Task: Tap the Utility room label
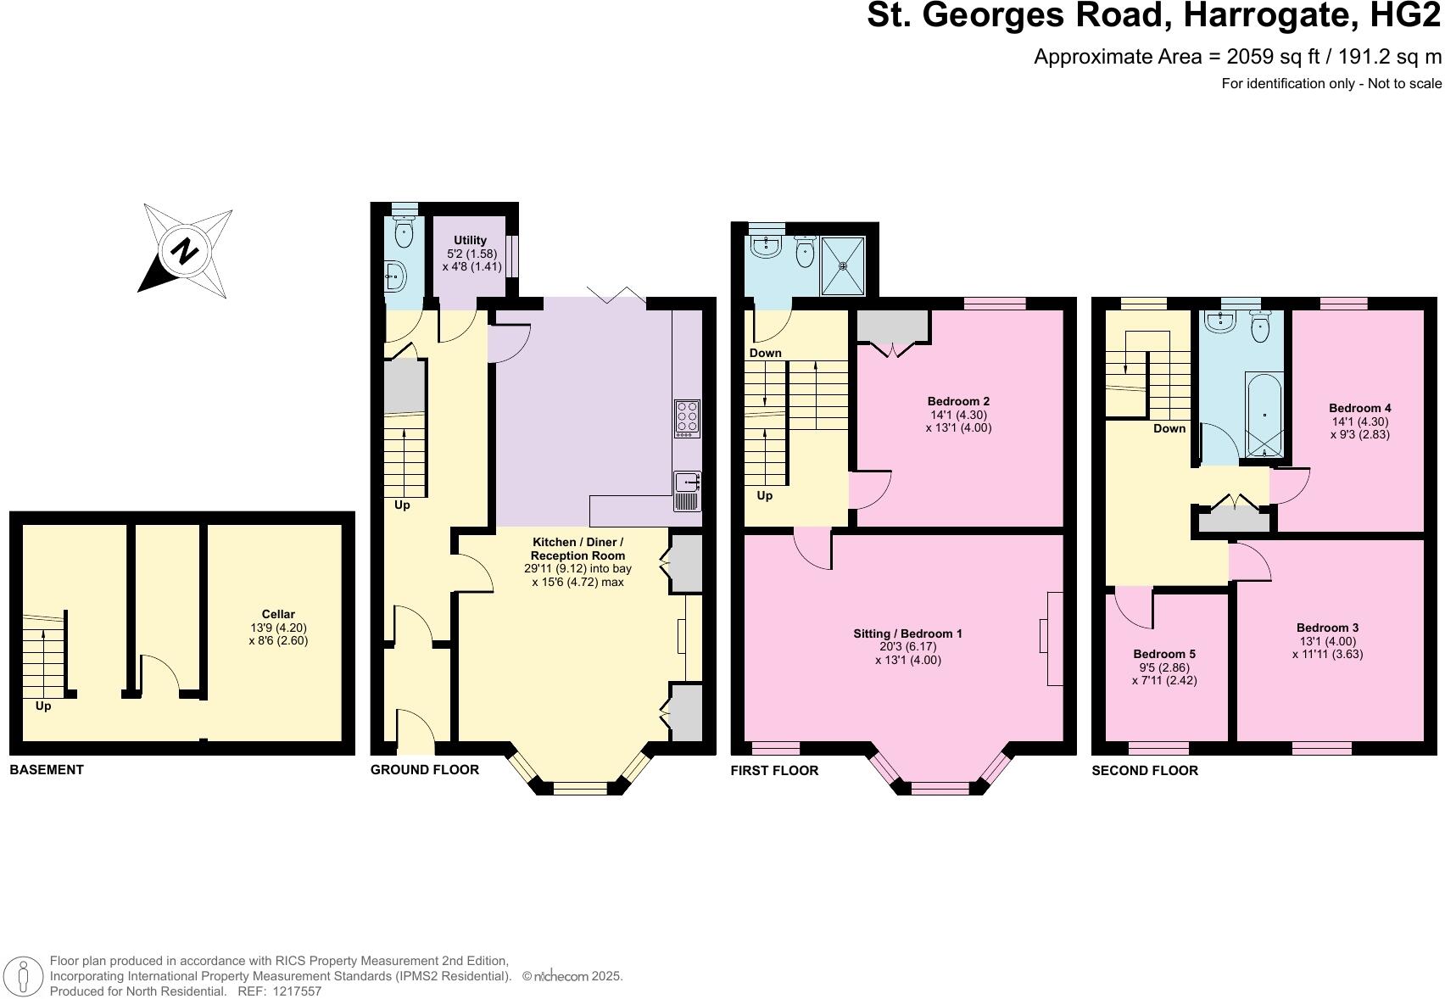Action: pos(470,240)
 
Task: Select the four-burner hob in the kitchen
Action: pos(687,418)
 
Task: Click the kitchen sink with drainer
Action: pos(687,491)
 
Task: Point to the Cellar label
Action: pos(278,614)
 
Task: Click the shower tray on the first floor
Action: pos(843,265)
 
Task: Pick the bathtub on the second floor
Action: pos(1264,414)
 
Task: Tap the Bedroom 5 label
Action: pos(1164,654)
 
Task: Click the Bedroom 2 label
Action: pos(958,401)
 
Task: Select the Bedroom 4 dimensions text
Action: pos(1359,427)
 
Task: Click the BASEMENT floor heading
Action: pos(47,770)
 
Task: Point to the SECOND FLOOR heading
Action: pos(1145,770)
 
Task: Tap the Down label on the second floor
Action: pos(1169,428)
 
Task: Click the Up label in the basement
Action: pos(43,706)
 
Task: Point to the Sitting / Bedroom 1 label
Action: pos(907,633)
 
